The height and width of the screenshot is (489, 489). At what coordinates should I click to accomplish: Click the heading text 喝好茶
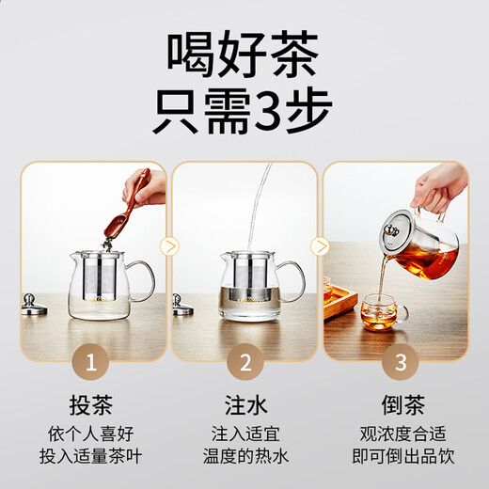pos(244,54)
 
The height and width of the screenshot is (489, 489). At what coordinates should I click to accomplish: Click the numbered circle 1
pos(93,361)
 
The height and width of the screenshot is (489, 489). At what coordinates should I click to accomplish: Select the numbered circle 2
pos(244,361)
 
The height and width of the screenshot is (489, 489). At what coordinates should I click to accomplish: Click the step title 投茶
pos(93,405)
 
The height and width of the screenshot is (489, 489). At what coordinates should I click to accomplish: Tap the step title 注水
pos(244,405)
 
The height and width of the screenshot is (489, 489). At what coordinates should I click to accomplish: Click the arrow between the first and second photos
pos(168,246)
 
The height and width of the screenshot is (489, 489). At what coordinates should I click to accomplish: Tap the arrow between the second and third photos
pos(321,246)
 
